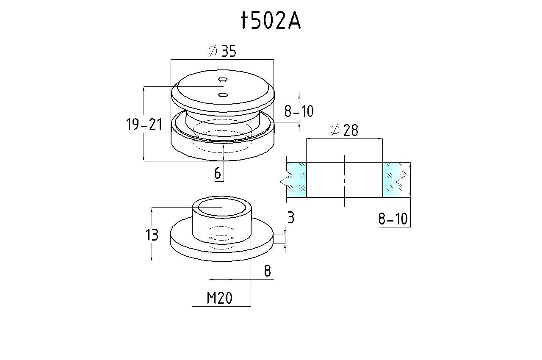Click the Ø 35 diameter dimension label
222,51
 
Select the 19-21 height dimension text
144,125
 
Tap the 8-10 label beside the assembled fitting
299,111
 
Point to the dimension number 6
218,173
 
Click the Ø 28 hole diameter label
344,130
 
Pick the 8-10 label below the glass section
393,219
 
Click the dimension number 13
152,235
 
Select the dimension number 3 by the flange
290,218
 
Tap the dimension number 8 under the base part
267,271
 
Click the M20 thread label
220,299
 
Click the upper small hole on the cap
223,79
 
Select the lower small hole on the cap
223,94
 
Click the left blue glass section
296,180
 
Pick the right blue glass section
392,180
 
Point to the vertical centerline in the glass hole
345,180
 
